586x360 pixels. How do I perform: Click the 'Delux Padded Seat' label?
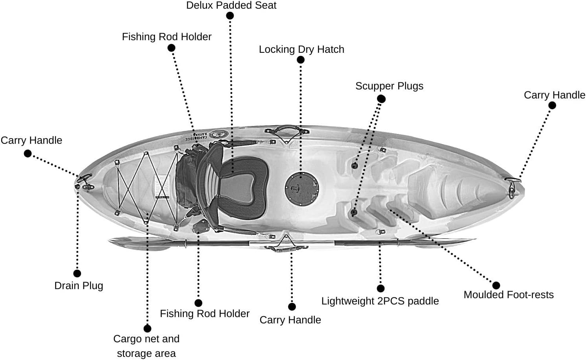(231, 6)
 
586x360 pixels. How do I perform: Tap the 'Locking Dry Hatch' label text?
(301, 49)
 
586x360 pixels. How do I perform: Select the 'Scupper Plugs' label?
(389, 86)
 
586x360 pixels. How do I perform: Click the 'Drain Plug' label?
(79, 286)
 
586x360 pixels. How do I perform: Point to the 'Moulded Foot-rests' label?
(508, 295)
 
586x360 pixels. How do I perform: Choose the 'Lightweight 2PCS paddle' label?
(380, 301)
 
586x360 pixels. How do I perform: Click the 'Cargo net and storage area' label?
(146, 346)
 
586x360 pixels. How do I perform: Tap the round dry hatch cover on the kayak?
(301, 189)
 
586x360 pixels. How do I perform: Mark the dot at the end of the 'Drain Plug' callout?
(77, 273)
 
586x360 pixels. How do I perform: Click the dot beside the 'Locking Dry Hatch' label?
(301, 60)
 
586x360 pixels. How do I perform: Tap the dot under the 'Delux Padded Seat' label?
(230, 16)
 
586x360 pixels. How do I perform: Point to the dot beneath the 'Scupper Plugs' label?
(381, 99)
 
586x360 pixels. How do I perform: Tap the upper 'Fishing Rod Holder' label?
(166, 37)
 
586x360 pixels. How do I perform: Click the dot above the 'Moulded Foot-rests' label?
(496, 285)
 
